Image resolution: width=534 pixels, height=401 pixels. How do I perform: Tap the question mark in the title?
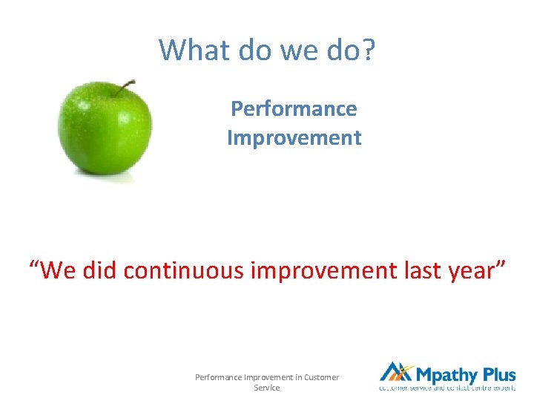pos(369,50)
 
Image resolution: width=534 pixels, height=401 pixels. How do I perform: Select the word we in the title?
pos(289,50)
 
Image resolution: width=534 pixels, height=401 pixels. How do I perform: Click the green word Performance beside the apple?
pos(294,108)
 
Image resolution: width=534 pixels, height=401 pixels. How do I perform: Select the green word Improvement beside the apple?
pos(294,137)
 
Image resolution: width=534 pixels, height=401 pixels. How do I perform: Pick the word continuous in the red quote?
pos(183,271)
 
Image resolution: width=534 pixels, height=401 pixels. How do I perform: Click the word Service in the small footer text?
pos(267,388)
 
